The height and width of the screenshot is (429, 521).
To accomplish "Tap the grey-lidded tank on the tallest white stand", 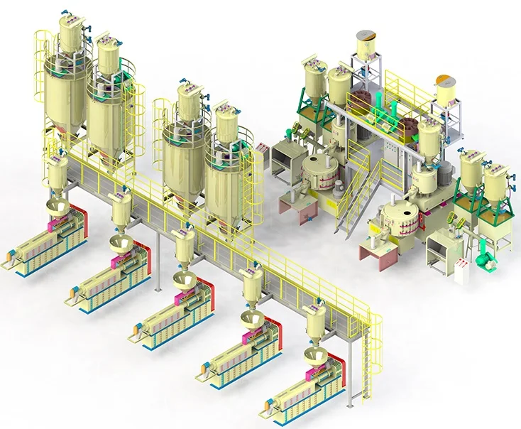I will point(366,45).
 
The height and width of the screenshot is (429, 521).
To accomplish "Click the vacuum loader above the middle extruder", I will point(185,249).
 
